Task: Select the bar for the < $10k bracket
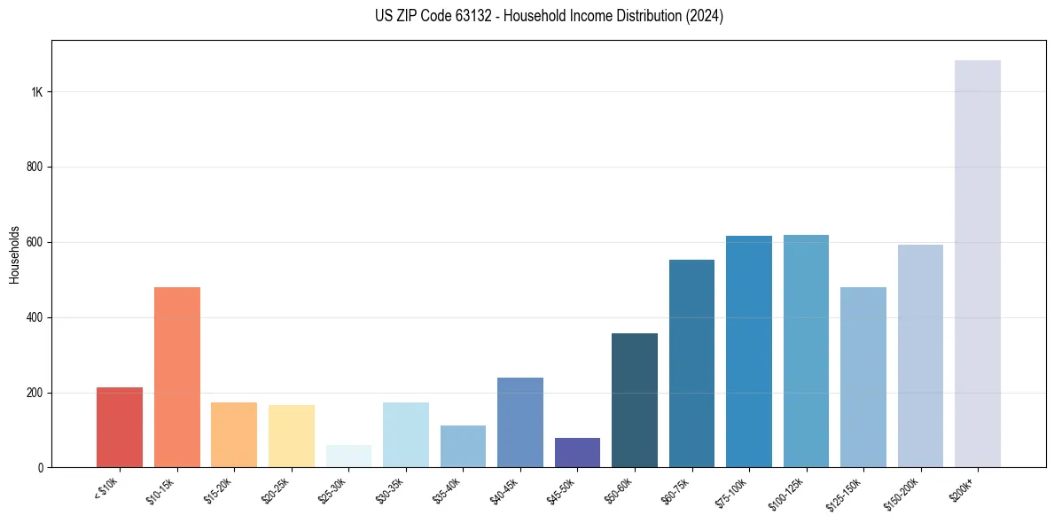[x=120, y=427]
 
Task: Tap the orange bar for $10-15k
[x=176, y=377]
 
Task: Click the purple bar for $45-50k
[x=577, y=453]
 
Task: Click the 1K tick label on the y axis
[x=36, y=92]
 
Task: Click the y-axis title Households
[x=15, y=254]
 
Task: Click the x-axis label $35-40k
[x=447, y=489]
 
